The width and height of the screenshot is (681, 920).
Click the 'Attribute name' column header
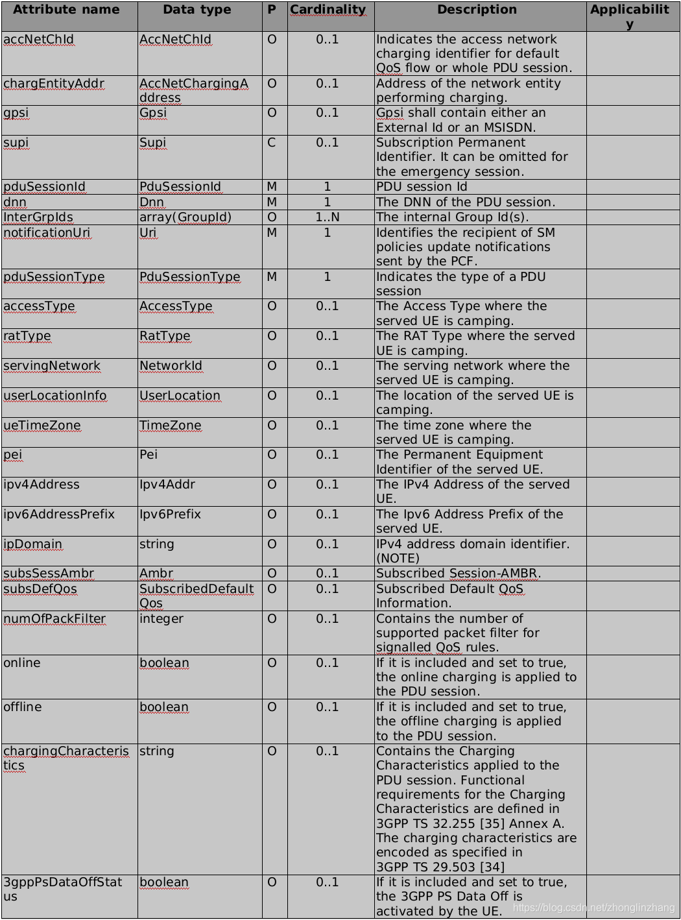[66, 10]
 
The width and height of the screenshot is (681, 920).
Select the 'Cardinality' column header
[328, 10]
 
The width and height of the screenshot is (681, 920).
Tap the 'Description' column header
[477, 10]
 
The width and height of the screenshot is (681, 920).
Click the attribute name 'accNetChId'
[39, 40]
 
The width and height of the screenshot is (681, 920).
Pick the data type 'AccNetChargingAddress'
[193, 91]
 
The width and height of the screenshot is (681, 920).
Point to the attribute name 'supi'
[16, 143]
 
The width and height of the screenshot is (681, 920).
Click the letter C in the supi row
[272, 143]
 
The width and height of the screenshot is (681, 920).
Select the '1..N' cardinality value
[328, 217]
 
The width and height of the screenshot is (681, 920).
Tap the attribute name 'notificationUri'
[47, 233]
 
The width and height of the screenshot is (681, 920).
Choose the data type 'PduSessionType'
[189, 277]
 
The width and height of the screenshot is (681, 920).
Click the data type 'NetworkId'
[171, 366]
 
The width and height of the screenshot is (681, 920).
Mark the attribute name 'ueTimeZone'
[42, 426]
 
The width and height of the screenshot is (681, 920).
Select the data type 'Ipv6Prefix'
[170, 514]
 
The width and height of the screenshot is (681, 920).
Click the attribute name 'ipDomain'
[33, 544]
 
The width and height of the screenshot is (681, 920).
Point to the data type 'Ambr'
[156, 574]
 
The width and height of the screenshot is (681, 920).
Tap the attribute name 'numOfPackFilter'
[54, 619]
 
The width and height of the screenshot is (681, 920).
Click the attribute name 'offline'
[23, 707]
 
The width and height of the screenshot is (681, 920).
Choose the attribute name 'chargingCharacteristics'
[66, 758]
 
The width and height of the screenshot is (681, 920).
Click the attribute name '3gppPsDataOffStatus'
[62, 889]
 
